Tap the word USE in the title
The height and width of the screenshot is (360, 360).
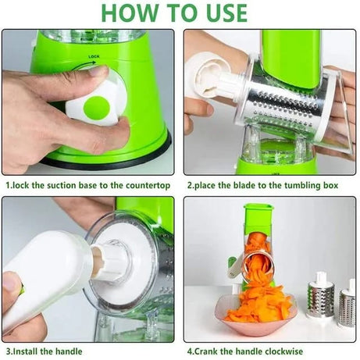tap(218, 12)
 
